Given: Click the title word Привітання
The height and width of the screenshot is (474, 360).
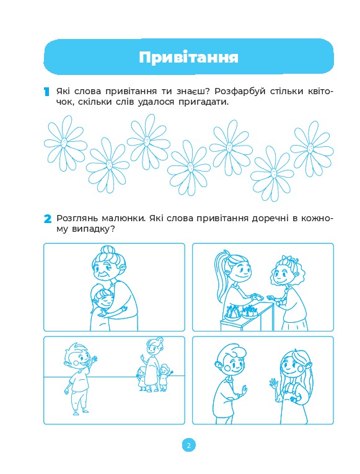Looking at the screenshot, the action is tap(188, 57).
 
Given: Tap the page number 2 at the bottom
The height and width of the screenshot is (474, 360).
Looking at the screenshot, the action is tap(188, 445).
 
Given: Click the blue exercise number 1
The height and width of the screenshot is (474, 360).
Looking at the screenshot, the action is tap(46, 92).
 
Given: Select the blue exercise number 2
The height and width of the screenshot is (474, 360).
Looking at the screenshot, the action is tap(48, 219).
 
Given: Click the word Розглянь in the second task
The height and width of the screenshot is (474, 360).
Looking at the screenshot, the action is tap(77, 219).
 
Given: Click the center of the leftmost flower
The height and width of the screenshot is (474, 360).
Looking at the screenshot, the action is tap(64, 142).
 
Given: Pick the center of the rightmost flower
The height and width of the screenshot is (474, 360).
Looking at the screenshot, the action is tap(310, 148).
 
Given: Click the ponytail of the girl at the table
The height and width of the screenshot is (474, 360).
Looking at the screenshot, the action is tap(221, 274).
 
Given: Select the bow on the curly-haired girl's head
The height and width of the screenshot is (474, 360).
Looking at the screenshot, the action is tap(287, 260).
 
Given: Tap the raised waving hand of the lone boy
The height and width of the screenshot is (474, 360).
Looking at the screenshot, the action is tap(94, 361).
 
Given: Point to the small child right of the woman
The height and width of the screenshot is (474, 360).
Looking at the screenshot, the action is tap(164, 378).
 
